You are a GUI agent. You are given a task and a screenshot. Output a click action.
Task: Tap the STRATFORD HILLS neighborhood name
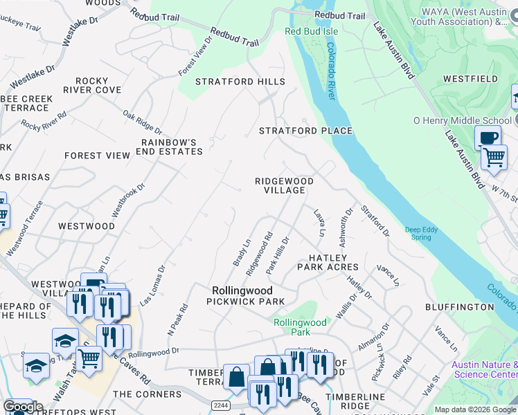pyautogui.click(x=240, y=82)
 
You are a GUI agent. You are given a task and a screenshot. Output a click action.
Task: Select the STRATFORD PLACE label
pyautogui.click(x=305, y=131)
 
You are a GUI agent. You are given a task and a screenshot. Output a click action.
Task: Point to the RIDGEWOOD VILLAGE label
pyautogui.click(x=284, y=185)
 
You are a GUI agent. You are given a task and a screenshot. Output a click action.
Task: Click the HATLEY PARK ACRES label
pyautogui.click(x=328, y=262)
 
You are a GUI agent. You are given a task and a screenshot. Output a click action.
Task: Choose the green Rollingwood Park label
pyautogui.click(x=300, y=327)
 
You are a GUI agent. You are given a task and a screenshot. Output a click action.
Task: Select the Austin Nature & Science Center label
pyautogui.click(x=484, y=369)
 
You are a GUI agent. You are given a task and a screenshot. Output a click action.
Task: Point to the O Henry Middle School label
pyautogui.click(x=463, y=120)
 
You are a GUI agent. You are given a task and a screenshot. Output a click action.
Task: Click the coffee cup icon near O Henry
pyautogui.click(x=488, y=137)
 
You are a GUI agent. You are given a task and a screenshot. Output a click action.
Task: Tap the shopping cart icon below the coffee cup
pyautogui.click(x=494, y=157)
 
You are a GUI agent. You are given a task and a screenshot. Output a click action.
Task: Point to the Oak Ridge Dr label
pyautogui.click(x=142, y=122)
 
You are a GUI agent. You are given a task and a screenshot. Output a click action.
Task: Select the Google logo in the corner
pyautogui.click(x=23, y=407)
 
